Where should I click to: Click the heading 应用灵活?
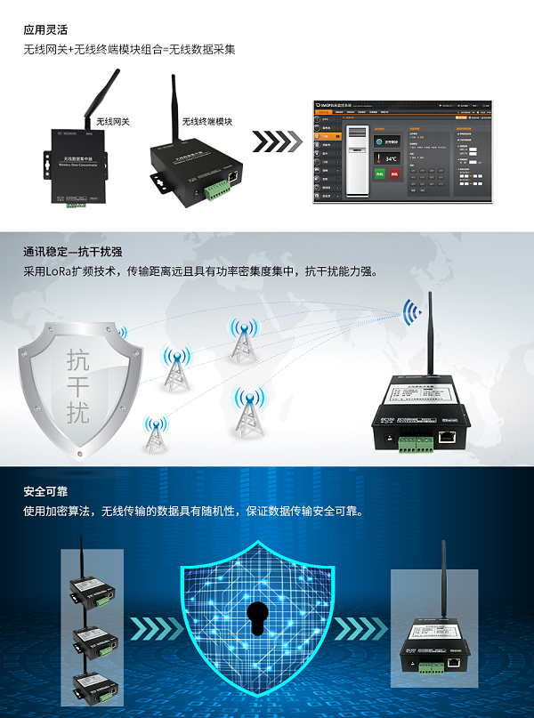45,28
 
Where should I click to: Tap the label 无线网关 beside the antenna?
113,122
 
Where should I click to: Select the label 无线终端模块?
207,122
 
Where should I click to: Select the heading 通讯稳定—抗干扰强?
73,253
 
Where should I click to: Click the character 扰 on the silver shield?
78,413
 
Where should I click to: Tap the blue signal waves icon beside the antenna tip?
411,311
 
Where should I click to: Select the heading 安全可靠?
45,492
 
